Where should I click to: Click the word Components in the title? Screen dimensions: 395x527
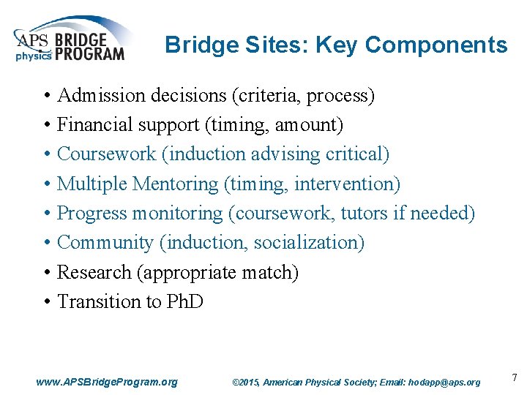(436, 45)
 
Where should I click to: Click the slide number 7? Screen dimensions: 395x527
(515, 377)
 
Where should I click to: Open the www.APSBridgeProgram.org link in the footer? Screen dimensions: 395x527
(107, 382)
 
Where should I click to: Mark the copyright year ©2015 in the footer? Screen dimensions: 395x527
(245, 382)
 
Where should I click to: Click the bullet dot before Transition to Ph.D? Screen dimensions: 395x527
(46, 301)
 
